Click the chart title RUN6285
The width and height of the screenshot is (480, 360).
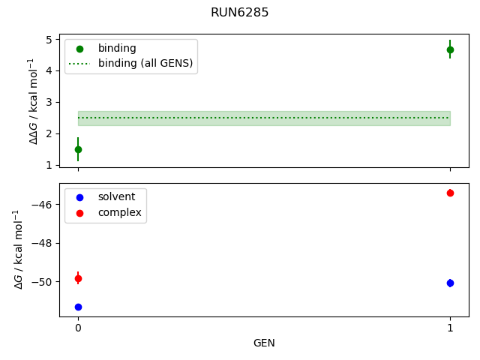[240, 13]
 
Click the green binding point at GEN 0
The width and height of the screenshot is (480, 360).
[78, 149]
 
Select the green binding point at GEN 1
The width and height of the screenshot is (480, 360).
[450, 49]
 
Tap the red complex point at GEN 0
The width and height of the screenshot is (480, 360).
[78, 278]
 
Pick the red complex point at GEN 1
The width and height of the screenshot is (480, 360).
[450, 193]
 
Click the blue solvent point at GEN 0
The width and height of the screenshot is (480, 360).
[78, 307]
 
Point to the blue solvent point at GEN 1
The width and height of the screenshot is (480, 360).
[450, 283]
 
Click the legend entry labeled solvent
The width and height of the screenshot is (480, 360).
[116, 196]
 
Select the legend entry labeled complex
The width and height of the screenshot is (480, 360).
[119, 212]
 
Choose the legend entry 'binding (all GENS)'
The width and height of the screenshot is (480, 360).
[145, 64]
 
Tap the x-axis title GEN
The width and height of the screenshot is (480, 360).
[264, 343]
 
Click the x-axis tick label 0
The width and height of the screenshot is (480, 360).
[78, 328]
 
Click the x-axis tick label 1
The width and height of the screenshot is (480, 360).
[450, 328]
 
